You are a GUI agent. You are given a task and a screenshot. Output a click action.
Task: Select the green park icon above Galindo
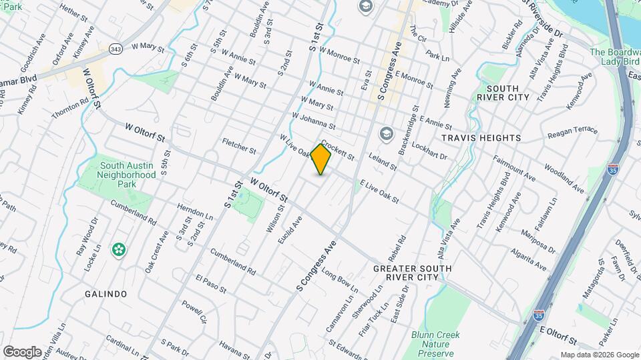coord(119,250)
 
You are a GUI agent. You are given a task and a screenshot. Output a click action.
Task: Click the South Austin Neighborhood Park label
coord(128,175)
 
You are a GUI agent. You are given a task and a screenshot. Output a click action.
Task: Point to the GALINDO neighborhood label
coord(105,293)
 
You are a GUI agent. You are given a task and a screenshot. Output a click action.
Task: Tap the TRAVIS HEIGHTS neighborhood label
coord(481,137)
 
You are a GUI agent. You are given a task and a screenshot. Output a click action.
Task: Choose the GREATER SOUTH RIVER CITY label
coord(412,273)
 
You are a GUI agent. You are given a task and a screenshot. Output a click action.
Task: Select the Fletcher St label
coord(239,146)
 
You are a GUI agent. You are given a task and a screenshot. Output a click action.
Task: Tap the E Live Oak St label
coord(379,191)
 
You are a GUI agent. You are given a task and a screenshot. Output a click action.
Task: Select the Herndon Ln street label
coord(195,215)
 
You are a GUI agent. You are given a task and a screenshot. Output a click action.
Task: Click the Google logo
coord(22,351)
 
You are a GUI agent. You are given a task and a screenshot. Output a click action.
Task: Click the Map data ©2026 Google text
coord(599,355)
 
